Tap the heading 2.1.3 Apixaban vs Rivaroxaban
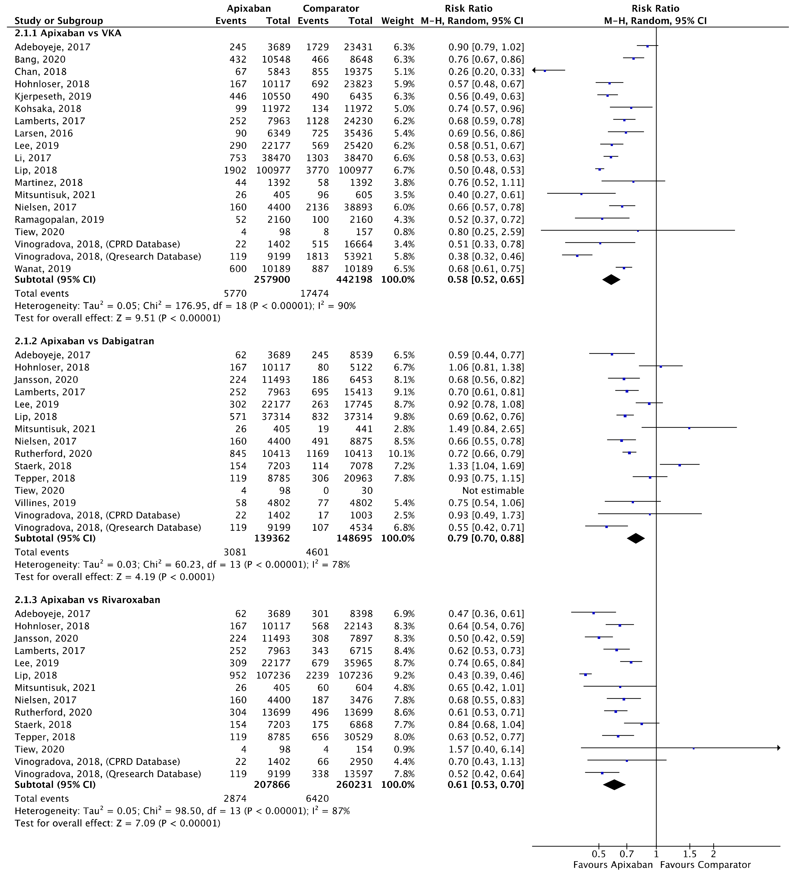pyautogui.click(x=87, y=600)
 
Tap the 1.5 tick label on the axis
pyautogui.click(x=689, y=854)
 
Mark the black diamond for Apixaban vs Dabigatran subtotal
pyautogui.click(x=636, y=538)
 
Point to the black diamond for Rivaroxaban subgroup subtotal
pyautogui.click(x=614, y=785)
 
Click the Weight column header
pyautogui.click(x=397, y=21)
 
